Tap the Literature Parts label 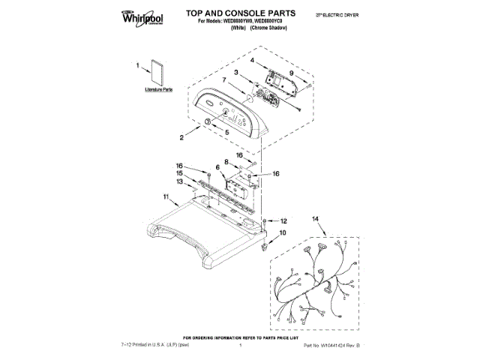[157, 88]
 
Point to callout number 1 [138, 66]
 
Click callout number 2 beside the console [181, 137]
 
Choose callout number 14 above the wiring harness [315, 218]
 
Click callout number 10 [282, 233]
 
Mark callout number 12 [283, 221]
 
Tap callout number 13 [180, 181]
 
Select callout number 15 [180, 172]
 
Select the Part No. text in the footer [332, 345]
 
